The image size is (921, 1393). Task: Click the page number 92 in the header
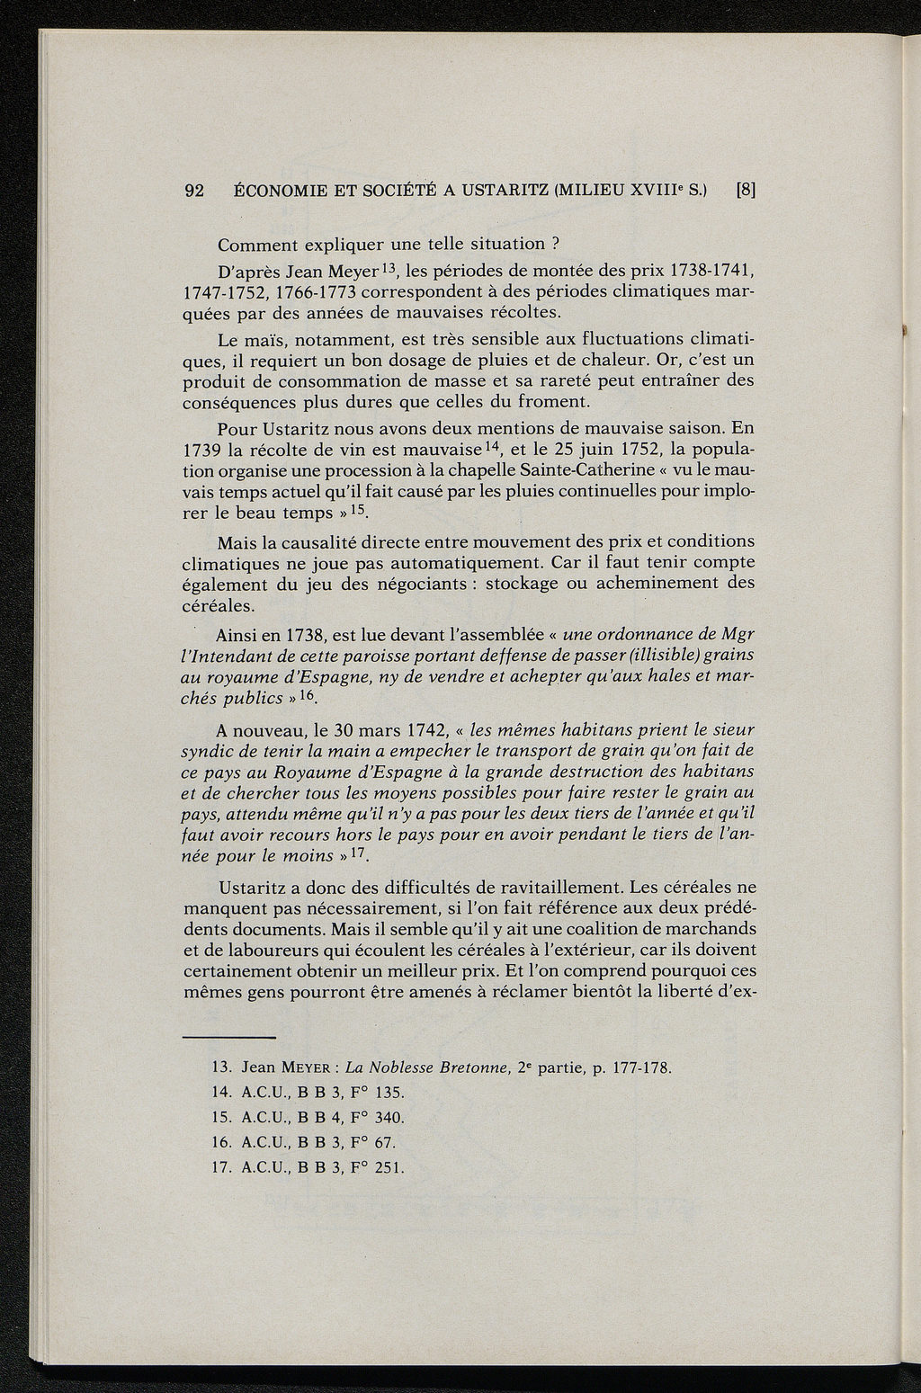194,191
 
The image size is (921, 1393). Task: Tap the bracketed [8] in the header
746,191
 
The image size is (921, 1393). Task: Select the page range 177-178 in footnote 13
641,1068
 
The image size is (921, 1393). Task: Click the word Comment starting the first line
256,244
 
